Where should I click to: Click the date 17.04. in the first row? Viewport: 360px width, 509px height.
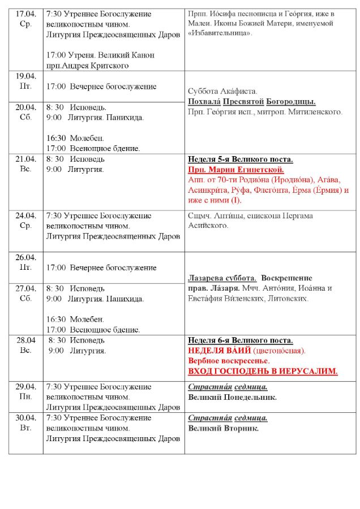(25, 14)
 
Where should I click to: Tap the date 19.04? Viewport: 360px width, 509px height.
(25, 76)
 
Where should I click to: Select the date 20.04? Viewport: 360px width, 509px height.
(25, 107)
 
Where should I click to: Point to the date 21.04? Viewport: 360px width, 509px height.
(25, 159)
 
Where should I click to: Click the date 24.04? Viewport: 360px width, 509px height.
(25, 215)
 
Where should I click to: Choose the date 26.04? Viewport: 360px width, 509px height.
(25, 257)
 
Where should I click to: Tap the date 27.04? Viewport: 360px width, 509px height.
(25, 288)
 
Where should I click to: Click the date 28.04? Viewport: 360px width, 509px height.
(25, 340)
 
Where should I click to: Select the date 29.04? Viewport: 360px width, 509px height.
(25, 387)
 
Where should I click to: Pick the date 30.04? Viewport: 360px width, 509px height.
(25, 418)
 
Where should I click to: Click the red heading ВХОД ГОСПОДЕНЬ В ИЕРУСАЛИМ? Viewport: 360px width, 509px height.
(263, 371)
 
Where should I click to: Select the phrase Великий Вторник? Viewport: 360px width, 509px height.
(223, 428)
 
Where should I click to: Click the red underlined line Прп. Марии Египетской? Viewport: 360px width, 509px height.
(235, 170)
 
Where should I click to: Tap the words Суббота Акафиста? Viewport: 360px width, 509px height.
(222, 91)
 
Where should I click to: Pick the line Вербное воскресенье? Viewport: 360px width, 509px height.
(228, 361)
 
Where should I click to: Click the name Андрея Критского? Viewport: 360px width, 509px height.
(96, 66)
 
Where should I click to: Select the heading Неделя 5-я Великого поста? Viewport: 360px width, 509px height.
(240, 159)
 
